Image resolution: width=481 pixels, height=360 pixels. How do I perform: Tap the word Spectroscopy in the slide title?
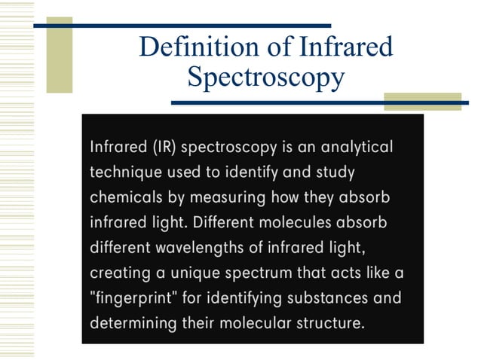[x=265, y=76]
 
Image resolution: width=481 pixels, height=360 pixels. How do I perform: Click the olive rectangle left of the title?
[x=60, y=54]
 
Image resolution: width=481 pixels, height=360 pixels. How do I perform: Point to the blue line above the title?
[x=181, y=25]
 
